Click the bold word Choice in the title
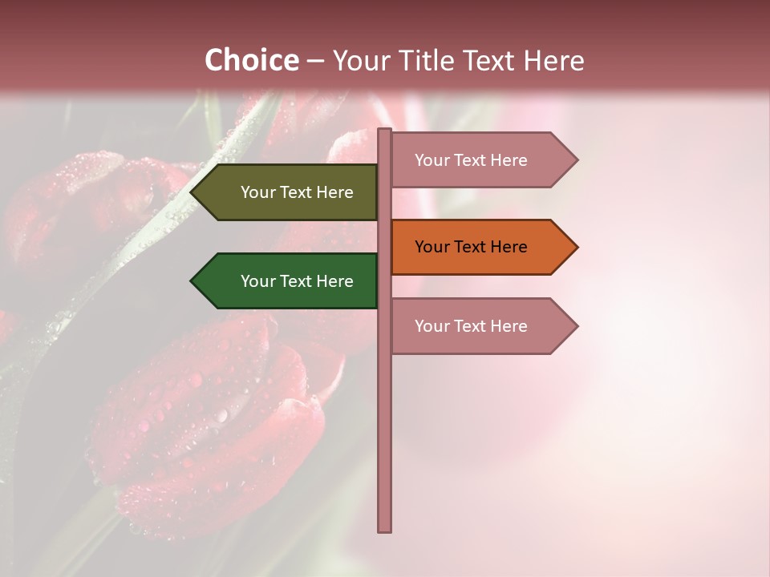click(x=251, y=60)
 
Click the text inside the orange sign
click(x=471, y=247)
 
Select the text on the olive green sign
click(x=297, y=192)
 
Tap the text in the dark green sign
click(x=297, y=281)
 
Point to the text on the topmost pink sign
click(x=471, y=160)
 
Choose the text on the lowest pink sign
click(x=471, y=326)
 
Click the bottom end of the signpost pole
click(x=385, y=529)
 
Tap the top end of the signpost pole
click(x=385, y=131)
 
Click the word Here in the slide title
click(x=553, y=60)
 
